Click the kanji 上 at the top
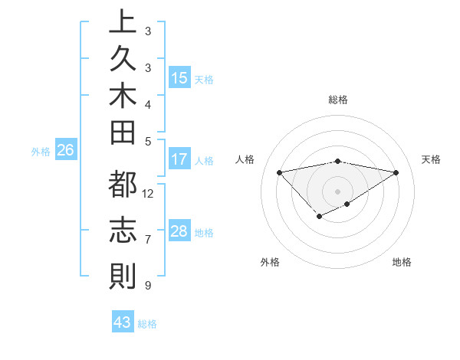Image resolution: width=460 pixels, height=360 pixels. click(123, 21)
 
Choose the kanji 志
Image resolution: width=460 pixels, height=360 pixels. click(123, 231)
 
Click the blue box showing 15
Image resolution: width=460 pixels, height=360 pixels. click(179, 78)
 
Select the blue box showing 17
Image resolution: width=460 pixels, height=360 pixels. click(179, 160)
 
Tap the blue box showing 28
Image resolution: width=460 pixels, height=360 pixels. click(179, 231)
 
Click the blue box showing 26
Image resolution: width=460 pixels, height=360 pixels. click(66, 151)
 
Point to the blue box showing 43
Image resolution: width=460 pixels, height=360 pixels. click(123, 322)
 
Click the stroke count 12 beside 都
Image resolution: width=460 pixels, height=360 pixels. click(149, 193)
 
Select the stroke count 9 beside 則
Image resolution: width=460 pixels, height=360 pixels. click(147, 286)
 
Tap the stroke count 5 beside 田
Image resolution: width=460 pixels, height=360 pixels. click(147, 141)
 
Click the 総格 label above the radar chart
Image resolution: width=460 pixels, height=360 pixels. click(338, 100)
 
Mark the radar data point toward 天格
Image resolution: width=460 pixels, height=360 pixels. click(396, 172)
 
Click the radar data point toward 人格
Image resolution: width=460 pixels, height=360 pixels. click(279, 172)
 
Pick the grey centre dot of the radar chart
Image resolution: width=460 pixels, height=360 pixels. click(338, 191)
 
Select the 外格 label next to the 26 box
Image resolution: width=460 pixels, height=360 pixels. click(41, 152)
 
